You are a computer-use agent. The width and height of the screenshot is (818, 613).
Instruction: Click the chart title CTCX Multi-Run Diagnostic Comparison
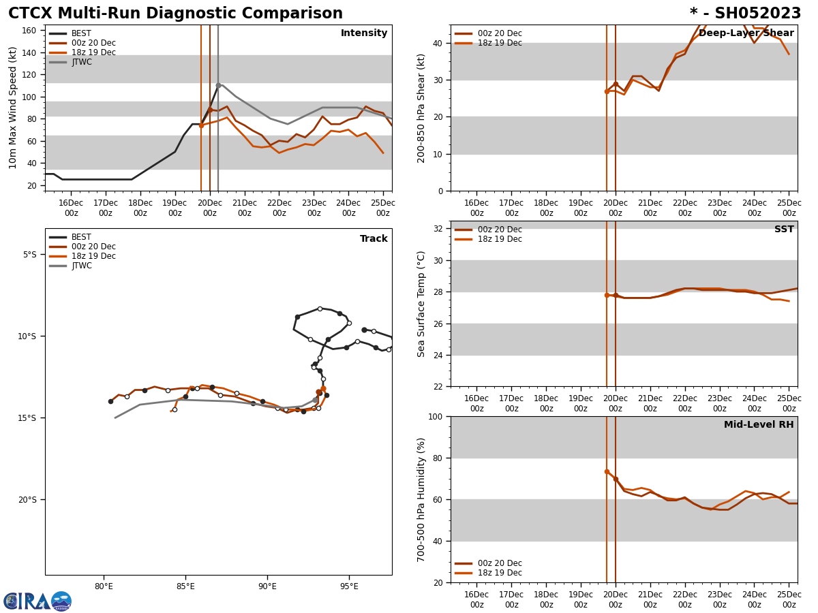pyautogui.click(x=175, y=14)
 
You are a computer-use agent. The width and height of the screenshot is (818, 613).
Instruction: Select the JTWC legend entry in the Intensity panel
pyautogui.click(x=81, y=62)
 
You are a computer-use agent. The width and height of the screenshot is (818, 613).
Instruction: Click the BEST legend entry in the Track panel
pyautogui.click(x=81, y=237)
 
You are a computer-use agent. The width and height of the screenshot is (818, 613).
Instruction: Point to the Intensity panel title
pyautogui.click(x=364, y=33)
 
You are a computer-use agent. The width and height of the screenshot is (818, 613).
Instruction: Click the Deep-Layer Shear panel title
pyautogui.click(x=746, y=33)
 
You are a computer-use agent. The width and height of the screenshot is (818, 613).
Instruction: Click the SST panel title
pyautogui.click(x=784, y=230)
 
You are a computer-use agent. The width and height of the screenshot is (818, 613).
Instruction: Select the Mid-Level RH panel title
pyautogui.click(x=759, y=425)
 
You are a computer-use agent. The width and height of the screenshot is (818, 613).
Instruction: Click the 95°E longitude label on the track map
pyautogui.click(x=349, y=586)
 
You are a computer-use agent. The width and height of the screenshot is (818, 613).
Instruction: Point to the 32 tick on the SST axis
pyautogui.click(x=439, y=229)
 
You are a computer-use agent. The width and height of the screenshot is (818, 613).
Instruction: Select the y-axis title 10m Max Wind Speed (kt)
pyautogui.click(x=13, y=108)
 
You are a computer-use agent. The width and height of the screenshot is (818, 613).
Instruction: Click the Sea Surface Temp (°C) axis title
pyautogui.click(x=421, y=304)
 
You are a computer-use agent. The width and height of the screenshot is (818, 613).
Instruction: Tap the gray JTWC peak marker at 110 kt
pyautogui.click(x=218, y=85)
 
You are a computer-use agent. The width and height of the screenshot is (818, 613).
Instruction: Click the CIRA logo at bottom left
pyautogui.click(x=37, y=601)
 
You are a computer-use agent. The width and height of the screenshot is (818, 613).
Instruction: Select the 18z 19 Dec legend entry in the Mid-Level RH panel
pyautogui.click(x=500, y=573)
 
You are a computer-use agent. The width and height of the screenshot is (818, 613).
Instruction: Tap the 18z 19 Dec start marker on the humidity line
pyautogui.click(x=607, y=471)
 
